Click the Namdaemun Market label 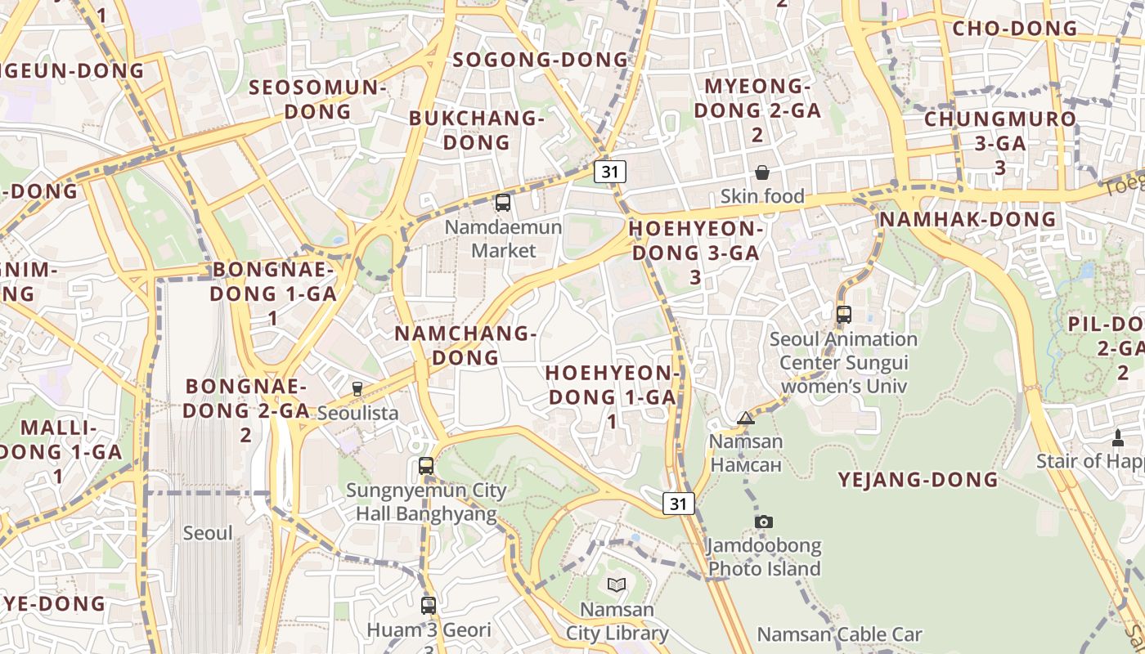click(x=503, y=238)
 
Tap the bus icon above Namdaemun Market click(x=503, y=202)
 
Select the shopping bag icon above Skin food click(x=762, y=172)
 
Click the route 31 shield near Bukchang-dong click(x=610, y=171)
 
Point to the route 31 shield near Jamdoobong click(x=679, y=504)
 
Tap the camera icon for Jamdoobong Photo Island click(x=764, y=522)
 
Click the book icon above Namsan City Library click(x=617, y=585)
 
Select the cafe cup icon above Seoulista click(x=357, y=388)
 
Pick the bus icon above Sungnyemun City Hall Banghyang click(x=426, y=466)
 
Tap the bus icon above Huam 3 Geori click(x=429, y=606)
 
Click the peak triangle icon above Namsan click(x=745, y=419)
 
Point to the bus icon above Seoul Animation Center click(x=844, y=314)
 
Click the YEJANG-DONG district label click(x=918, y=480)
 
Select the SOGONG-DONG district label click(x=541, y=60)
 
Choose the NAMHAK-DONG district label click(x=968, y=219)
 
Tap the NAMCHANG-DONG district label click(x=465, y=345)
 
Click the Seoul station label click(x=208, y=533)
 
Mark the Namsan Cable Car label click(x=839, y=634)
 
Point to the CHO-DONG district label click(x=1015, y=29)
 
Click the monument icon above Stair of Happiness click(x=1118, y=438)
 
